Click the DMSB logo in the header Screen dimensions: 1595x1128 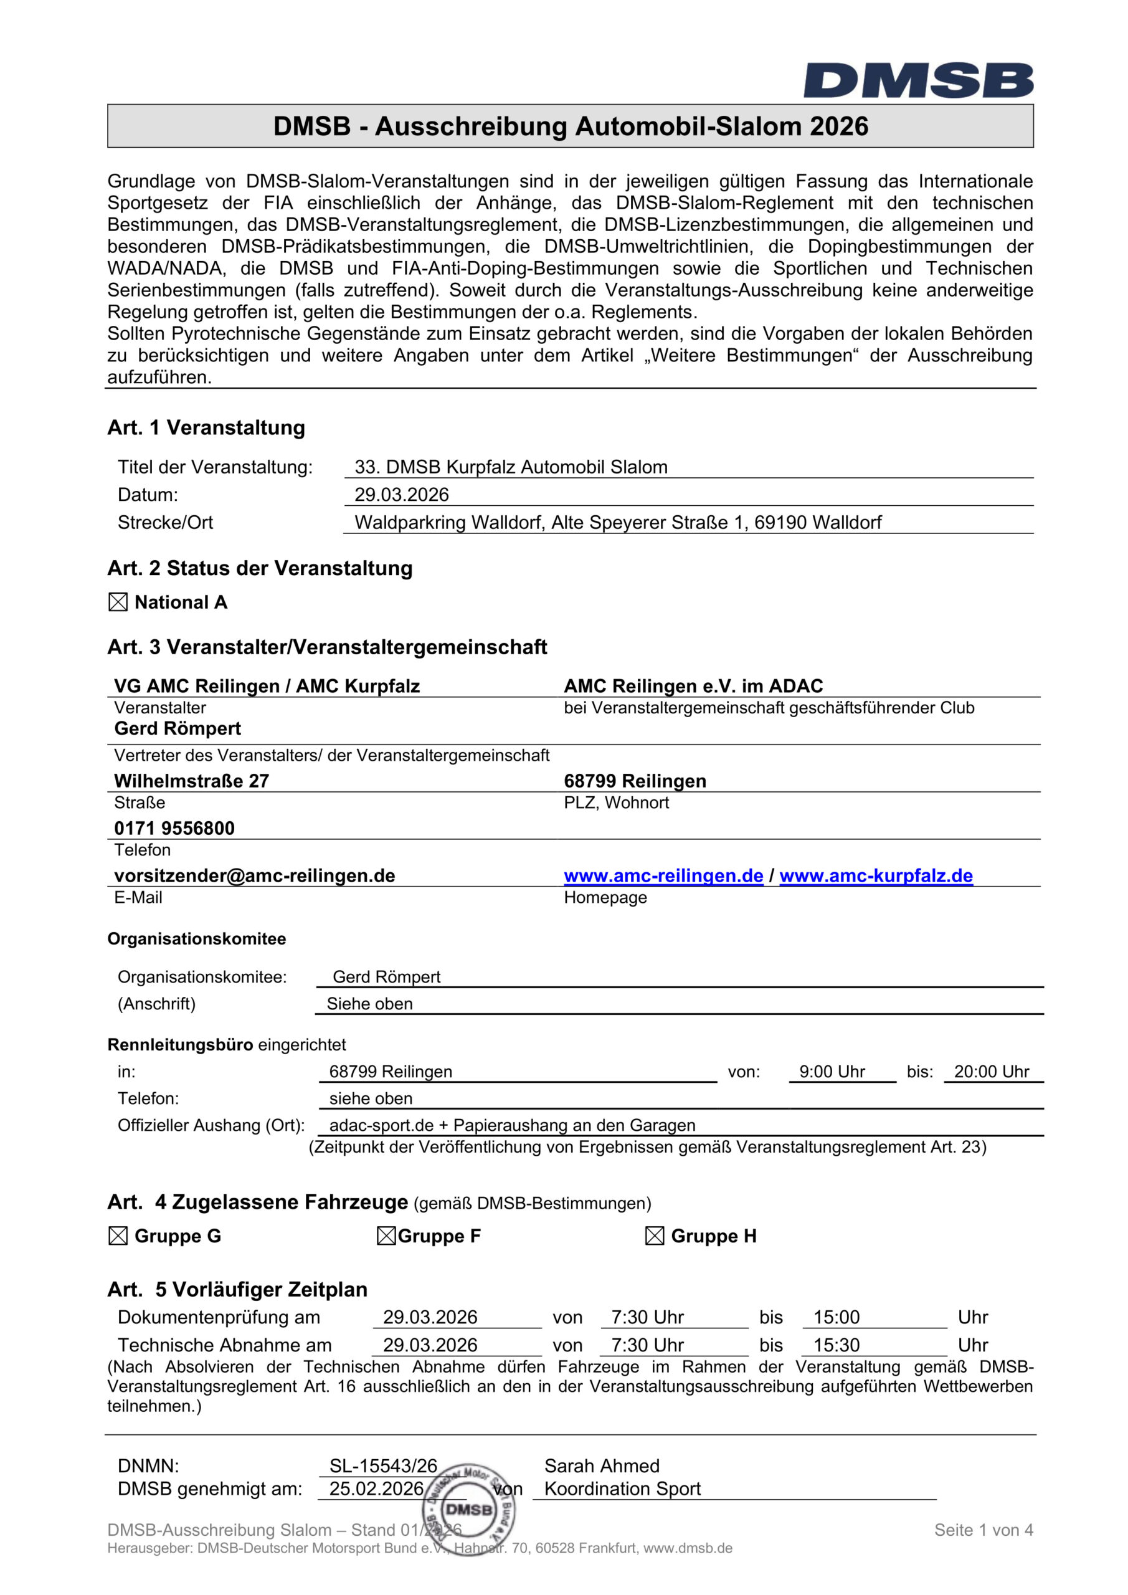pyautogui.click(x=918, y=80)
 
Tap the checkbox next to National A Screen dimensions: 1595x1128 pyautogui.click(x=118, y=602)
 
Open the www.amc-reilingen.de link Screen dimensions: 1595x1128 pyautogui.click(x=663, y=876)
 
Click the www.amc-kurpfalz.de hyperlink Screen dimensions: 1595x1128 pyautogui.click(x=876, y=876)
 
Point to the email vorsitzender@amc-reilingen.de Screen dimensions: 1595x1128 pyautogui.click(x=254, y=876)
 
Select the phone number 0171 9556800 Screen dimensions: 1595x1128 pyautogui.click(x=174, y=828)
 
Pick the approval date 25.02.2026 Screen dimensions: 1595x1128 pyautogui.click(x=376, y=1488)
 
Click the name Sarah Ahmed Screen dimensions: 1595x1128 pyautogui.click(x=602, y=1466)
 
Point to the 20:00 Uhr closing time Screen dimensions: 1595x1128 pyautogui.click(x=991, y=1072)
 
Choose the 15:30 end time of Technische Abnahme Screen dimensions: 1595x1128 pyautogui.click(x=837, y=1346)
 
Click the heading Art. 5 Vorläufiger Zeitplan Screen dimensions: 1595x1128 pyautogui.click(x=237, y=1290)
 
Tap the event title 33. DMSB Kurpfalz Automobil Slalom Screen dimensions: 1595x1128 pyautogui.click(x=511, y=467)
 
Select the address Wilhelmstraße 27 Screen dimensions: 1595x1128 pyautogui.click(x=192, y=781)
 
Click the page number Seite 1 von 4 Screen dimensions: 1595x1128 pyautogui.click(x=983, y=1530)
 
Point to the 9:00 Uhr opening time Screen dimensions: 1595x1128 pyautogui.click(x=832, y=1072)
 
